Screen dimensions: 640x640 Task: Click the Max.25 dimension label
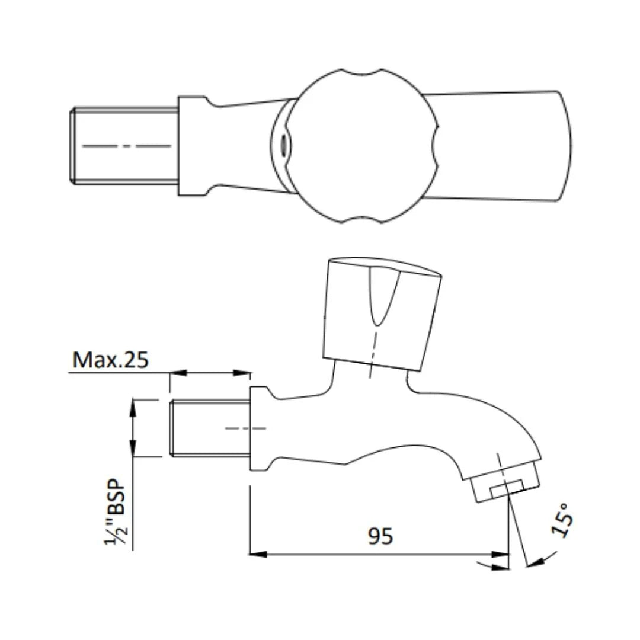110,360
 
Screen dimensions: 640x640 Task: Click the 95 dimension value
380,536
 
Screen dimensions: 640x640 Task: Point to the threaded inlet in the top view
125,145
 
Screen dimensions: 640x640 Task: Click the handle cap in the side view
382,314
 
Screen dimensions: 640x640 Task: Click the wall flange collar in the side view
258,428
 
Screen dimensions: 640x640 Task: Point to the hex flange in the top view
193,146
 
